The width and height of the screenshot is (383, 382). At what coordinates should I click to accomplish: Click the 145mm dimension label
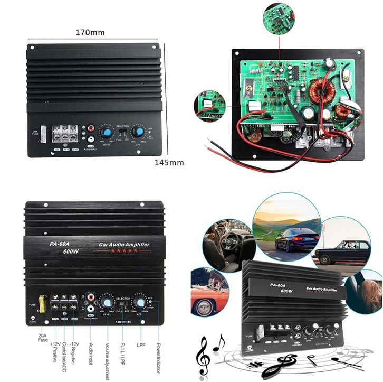pos(170,162)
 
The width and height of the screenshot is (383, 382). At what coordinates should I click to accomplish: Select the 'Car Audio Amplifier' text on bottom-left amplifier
pos(125,244)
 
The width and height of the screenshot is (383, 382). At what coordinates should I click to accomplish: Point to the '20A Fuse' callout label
pos(42,339)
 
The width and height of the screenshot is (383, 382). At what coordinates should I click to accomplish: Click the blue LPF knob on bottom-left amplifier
pos(140,302)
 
